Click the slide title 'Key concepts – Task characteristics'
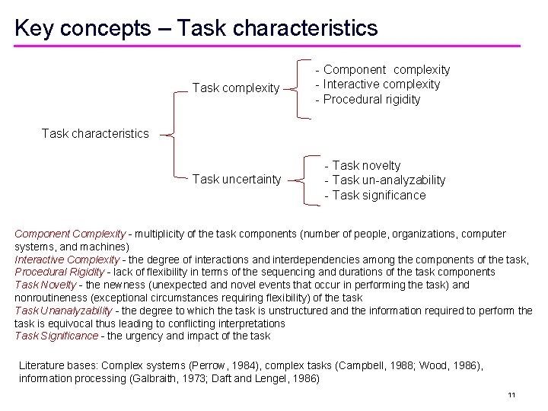click(196, 28)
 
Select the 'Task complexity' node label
click(236, 88)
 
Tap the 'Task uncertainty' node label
click(237, 180)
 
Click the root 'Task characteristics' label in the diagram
click(95, 134)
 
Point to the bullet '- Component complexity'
click(383, 69)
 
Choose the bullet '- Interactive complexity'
click(378, 84)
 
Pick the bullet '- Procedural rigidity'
click(368, 100)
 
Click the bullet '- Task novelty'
click(362, 165)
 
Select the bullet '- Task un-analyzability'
click(384, 180)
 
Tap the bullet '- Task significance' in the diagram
click(374, 196)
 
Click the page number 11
click(511, 394)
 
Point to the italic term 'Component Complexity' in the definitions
click(69, 234)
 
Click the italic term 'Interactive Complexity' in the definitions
click(67, 260)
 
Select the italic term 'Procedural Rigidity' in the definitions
click(62, 272)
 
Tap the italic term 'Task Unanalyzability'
click(64, 311)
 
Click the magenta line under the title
click(266, 46)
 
